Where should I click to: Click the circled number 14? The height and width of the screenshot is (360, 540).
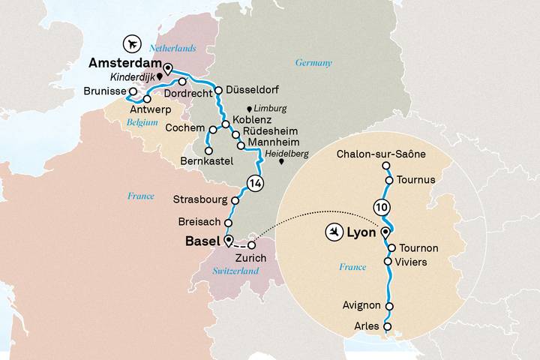click(255, 182)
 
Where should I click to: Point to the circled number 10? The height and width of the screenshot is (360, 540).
click(381, 206)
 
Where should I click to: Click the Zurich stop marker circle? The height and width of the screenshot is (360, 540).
click(253, 244)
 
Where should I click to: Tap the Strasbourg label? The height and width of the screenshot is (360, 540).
click(199, 200)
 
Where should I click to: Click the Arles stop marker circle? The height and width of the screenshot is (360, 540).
click(387, 326)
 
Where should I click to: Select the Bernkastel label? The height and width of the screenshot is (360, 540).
click(207, 161)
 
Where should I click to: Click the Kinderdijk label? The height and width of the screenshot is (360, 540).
click(124, 77)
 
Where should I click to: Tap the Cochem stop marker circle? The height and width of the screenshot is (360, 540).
click(213, 130)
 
